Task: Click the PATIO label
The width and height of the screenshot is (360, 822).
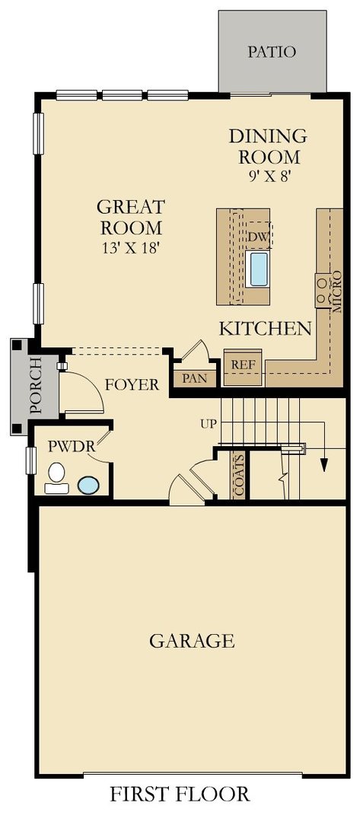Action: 272,53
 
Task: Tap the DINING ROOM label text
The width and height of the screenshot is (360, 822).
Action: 268,147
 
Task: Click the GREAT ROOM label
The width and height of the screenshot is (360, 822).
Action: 130,217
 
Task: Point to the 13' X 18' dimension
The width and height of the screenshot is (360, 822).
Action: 130,247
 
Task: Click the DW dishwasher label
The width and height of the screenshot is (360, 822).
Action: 258,237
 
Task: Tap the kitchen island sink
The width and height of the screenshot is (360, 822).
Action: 259,268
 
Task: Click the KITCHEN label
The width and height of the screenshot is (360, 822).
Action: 265,329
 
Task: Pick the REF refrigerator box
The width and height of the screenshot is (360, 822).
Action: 243,364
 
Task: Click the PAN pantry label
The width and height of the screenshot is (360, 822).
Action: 194,378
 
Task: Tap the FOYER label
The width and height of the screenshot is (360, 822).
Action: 132,384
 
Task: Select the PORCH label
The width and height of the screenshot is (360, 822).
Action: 35,387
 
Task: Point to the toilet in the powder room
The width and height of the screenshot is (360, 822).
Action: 55,479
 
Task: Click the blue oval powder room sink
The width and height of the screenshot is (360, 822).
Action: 88,484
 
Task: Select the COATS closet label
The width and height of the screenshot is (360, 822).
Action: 239,476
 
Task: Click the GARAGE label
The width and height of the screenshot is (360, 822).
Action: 191,641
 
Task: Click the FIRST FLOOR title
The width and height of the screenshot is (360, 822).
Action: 180,795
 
